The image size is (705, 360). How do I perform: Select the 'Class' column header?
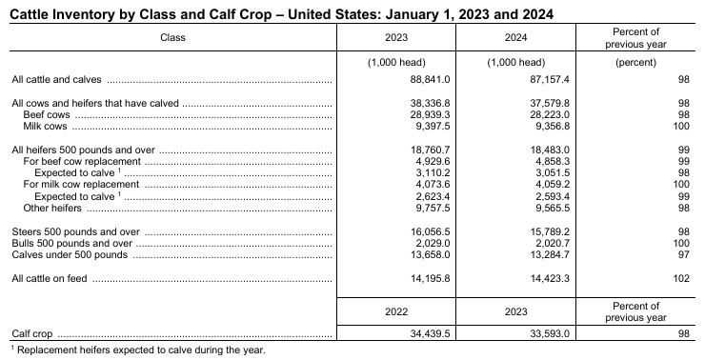(172, 38)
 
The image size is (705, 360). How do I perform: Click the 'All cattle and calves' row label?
(56, 80)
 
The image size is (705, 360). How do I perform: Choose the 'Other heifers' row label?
(52, 207)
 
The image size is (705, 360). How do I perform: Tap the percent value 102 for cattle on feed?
(678, 279)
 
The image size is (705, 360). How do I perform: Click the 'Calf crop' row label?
(31, 335)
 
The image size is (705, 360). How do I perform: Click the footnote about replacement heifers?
(139, 350)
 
